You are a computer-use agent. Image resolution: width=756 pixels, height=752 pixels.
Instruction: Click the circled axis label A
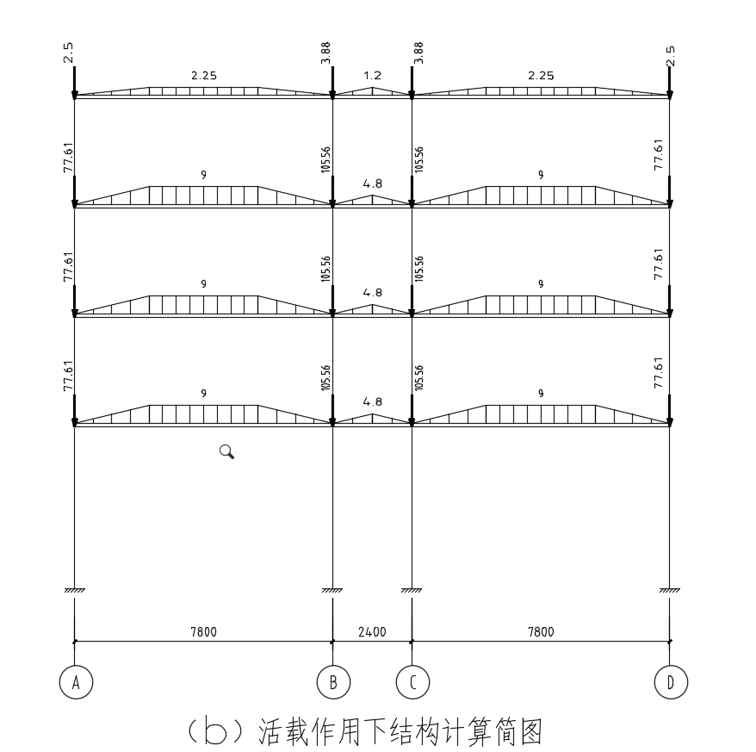pyautogui.click(x=76, y=683)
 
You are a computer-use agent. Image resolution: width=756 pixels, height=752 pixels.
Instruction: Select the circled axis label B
pyautogui.click(x=333, y=683)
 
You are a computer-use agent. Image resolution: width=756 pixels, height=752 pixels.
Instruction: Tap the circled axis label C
pyautogui.click(x=412, y=683)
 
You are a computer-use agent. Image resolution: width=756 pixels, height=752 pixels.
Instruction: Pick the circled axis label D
pyautogui.click(x=671, y=683)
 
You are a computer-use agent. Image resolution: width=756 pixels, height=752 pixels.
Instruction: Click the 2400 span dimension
pyautogui.click(x=372, y=631)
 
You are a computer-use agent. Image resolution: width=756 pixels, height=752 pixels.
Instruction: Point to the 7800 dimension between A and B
pyautogui.click(x=203, y=631)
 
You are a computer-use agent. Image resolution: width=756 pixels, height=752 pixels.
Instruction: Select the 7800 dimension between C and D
pyautogui.click(x=541, y=631)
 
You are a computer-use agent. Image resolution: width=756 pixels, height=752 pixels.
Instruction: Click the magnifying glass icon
pyautogui.click(x=227, y=451)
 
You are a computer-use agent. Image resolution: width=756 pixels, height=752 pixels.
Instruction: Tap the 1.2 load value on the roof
pyautogui.click(x=372, y=76)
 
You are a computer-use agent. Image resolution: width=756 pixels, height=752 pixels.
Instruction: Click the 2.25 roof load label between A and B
pyautogui.click(x=203, y=76)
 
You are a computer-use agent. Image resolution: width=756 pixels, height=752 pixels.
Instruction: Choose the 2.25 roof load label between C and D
pyautogui.click(x=541, y=76)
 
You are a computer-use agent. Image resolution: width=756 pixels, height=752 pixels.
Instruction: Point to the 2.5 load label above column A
pyautogui.click(x=67, y=53)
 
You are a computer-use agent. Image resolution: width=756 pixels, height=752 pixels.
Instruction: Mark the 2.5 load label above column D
pyautogui.click(x=671, y=54)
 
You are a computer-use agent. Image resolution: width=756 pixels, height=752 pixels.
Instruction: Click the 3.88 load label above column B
pyautogui.click(x=325, y=54)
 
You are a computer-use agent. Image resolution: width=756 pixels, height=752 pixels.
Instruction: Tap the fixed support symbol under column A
pyautogui.click(x=75, y=590)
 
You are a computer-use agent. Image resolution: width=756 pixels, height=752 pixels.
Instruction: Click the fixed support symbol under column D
pyautogui.click(x=670, y=590)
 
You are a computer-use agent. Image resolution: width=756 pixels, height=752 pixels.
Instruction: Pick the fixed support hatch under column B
pyautogui.click(x=332, y=590)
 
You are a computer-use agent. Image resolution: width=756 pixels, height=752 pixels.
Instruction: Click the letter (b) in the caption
pyautogui.click(x=217, y=732)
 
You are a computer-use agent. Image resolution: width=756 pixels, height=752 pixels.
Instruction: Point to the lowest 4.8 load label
pyautogui.click(x=372, y=402)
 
